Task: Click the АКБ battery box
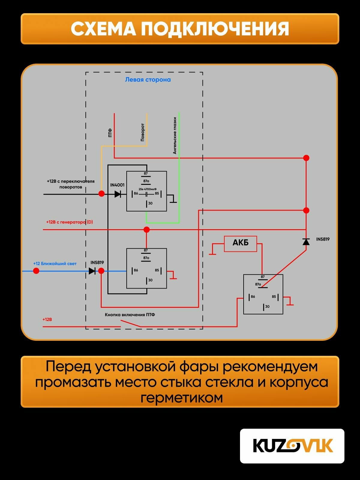click(x=240, y=244)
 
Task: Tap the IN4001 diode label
click(x=117, y=185)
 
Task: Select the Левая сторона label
click(x=148, y=80)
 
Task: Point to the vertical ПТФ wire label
click(x=110, y=133)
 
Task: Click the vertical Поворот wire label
click(x=142, y=132)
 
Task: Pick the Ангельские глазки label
click(x=175, y=136)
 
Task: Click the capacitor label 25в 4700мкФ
click(x=148, y=189)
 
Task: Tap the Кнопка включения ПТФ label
click(x=130, y=315)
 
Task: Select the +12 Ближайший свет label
click(x=55, y=264)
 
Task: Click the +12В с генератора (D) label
click(x=70, y=222)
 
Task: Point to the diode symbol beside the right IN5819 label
click(x=306, y=241)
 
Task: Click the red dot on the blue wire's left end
click(x=36, y=271)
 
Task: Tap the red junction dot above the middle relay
click(x=146, y=230)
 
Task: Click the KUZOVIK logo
click(x=292, y=446)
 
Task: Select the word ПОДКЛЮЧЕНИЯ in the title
click(x=215, y=29)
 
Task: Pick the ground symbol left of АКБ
click(x=212, y=254)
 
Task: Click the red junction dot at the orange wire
click(x=102, y=194)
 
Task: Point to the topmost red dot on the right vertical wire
click(x=306, y=158)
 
